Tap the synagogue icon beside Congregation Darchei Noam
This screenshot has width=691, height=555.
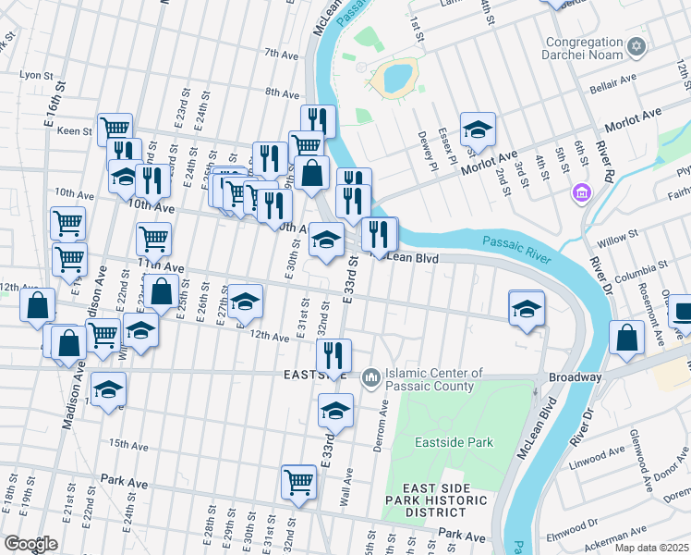[635, 46]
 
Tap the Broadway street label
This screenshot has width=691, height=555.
[575, 377]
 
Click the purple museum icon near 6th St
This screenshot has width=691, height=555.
[582, 192]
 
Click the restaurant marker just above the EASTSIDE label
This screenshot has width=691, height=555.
[333, 353]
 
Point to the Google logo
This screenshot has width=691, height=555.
[30, 544]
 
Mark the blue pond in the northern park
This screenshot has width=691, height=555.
[396, 78]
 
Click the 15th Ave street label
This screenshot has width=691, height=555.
[128, 445]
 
